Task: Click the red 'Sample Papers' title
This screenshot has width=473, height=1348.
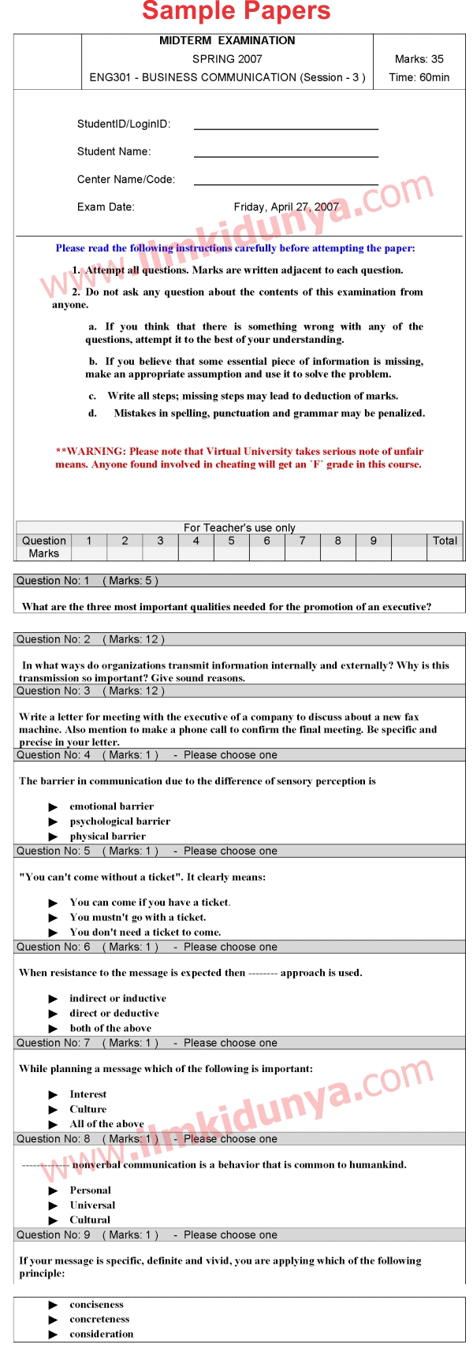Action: tap(236, 12)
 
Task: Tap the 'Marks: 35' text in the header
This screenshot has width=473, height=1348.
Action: tap(419, 59)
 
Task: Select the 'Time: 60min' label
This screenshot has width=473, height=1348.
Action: tap(419, 77)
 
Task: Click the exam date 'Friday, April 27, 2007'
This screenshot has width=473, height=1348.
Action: tap(286, 207)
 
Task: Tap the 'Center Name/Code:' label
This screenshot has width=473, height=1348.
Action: tap(126, 180)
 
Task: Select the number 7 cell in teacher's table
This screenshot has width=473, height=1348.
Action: tap(302, 541)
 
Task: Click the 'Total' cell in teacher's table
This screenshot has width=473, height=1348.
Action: tap(445, 541)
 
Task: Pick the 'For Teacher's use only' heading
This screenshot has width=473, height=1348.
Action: tap(240, 527)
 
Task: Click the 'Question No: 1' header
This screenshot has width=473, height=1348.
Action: tap(53, 581)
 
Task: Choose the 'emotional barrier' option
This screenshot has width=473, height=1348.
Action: tap(111, 806)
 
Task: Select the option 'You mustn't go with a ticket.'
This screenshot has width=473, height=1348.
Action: tap(138, 918)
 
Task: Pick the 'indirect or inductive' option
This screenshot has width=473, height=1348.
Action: tap(117, 998)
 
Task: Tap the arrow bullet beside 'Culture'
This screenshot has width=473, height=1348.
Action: tap(54, 1110)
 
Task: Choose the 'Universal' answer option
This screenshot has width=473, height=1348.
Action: tap(92, 1205)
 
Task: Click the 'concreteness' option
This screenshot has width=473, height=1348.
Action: tap(99, 1319)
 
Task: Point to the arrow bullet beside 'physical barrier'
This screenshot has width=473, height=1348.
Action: tap(54, 836)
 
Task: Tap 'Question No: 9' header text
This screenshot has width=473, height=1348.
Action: tap(53, 1235)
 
